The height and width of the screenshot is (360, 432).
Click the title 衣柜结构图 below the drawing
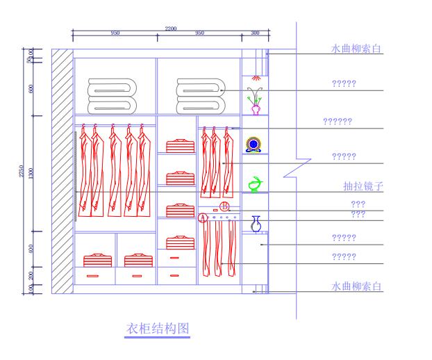(x=156, y=328)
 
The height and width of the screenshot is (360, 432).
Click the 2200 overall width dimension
(x=171, y=28)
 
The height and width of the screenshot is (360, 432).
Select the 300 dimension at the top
(x=255, y=33)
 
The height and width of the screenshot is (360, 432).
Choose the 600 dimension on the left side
(x=31, y=89)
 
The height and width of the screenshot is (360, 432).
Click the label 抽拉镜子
(x=364, y=186)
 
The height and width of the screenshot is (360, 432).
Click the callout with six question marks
(x=338, y=122)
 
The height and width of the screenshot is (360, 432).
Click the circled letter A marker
(x=203, y=218)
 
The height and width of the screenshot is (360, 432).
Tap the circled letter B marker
(x=224, y=206)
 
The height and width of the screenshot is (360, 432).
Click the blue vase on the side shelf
(x=256, y=224)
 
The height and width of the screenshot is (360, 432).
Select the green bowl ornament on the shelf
(x=256, y=183)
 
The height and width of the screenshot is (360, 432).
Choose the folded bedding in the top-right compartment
(x=199, y=95)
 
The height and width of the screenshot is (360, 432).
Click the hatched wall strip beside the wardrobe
(x=62, y=171)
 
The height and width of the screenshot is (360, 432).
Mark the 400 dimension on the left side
(x=31, y=248)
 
